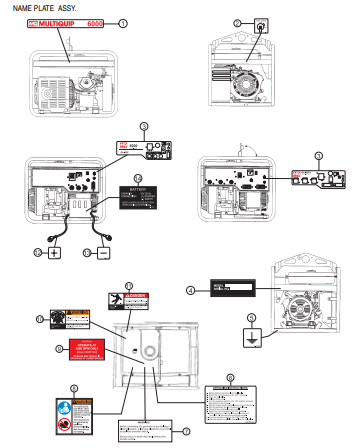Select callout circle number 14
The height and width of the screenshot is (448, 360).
(x=138, y=178)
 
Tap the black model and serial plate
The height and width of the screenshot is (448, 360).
(x=233, y=289)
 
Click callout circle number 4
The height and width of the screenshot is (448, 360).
(x=190, y=290)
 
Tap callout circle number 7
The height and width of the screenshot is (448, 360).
(x=185, y=431)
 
